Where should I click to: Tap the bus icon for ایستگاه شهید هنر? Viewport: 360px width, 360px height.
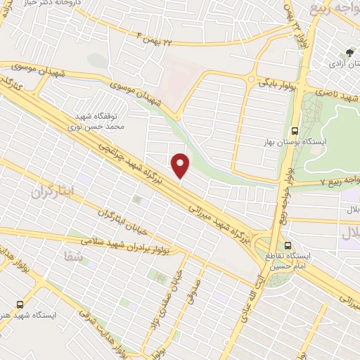tap(20, 304)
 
